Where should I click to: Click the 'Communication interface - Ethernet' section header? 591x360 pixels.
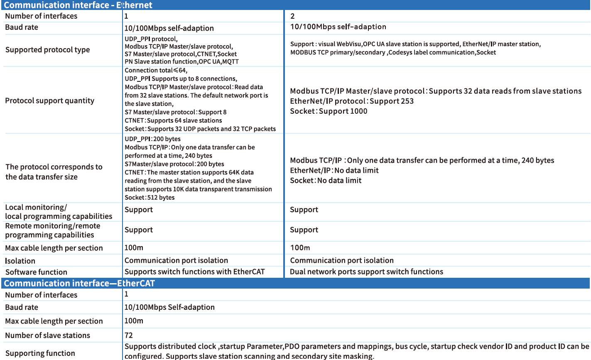[x=78, y=5]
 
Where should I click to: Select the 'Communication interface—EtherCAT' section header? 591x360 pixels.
[x=79, y=284]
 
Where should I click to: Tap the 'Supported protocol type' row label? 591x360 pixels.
[x=47, y=50]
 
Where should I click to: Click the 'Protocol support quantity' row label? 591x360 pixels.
[x=49, y=101]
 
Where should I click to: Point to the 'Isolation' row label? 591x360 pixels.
[x=20, y=261]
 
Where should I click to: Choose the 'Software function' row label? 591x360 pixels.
[x=36, y=272]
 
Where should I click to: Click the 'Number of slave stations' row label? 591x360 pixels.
[x=47, y=336]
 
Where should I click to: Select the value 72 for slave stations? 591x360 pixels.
[x=129, y=336]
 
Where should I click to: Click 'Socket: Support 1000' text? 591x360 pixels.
[x=329, y=111]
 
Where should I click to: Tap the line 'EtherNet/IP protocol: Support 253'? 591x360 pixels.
[x=352, y=101]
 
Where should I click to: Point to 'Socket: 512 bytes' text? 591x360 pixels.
[x=150, y=198]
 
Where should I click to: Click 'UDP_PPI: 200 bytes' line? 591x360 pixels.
[x=152, y=139]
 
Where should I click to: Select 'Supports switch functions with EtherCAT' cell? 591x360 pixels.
[x=194, y=272]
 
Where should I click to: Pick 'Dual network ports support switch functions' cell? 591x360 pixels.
[x=366, y=272]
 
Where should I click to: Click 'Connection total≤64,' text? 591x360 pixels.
[x=156, y=71]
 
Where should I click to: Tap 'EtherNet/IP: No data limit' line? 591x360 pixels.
[x=334, y=171]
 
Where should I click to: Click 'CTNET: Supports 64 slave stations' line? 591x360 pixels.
[x=173, y=121]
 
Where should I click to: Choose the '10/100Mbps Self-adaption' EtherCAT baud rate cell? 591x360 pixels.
[x=169, y=308]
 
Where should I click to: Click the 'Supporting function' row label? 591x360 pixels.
[x=40, y=353]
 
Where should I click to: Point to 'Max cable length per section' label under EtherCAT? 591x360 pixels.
[x=54, y=321]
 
